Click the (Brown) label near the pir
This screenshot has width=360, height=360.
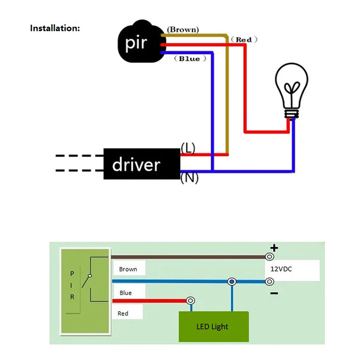[x=182, y=30]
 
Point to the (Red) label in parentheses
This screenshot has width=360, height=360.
[x=243, y=40]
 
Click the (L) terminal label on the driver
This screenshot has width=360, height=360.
[x=187, y=148]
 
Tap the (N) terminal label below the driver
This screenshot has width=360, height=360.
[x=189, y=178]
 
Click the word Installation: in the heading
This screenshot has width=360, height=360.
[x=55, y=28]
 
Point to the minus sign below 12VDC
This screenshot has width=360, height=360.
[x=274, y=293]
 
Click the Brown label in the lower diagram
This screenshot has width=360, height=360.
[x=128, y=270]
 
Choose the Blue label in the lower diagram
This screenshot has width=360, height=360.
[x=126, y=293]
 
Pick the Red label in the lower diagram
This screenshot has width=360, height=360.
[x=123, y=313]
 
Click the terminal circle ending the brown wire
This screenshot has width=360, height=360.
[x=270, y=257]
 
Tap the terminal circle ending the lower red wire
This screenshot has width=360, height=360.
[x=190, y=301]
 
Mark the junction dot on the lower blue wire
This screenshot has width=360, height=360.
[x=232, y=282]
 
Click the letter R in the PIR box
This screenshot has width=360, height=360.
[x=72, y=297]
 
